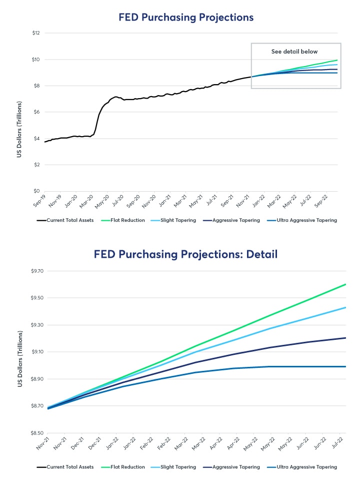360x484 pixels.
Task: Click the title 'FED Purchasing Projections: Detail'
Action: pyautogui.click(x=185, y=254)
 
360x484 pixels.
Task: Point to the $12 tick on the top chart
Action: pyautogui.click(x=36, y=33)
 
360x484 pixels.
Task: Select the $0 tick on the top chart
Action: pyautogui.click(x=36, y=191)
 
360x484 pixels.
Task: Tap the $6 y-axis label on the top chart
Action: pyautogui.click(x=36, y=112)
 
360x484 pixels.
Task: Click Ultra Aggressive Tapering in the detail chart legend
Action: pyautogui.click(x=305, y=467)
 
